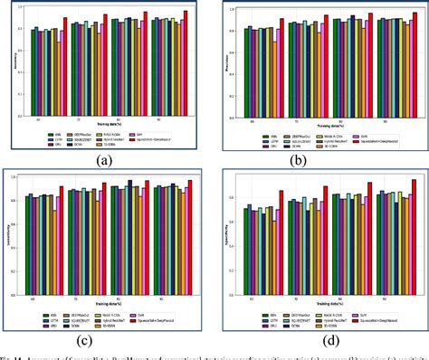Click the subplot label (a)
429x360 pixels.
[x=108, y=162]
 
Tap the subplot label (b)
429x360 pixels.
[x=320, y=162]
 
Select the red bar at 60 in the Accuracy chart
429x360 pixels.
[x=65, y=36]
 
